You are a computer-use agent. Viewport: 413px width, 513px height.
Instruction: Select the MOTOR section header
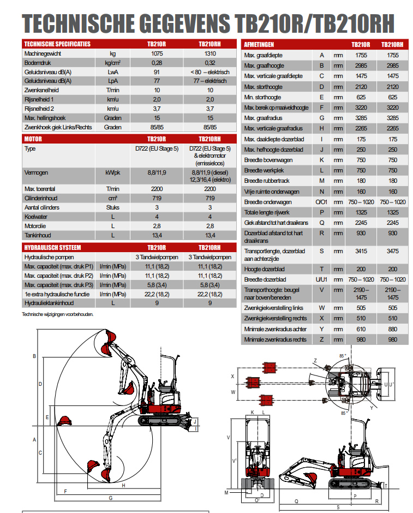(x=34, y=139)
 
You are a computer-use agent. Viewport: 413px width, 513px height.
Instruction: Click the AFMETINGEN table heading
(x=259, y=44)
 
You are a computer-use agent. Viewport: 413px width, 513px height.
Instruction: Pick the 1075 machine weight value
(x=157, y=53)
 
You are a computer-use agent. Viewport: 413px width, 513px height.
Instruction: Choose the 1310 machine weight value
(x=210, y=53)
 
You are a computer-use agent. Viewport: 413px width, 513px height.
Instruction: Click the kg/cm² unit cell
(x=113, y=63)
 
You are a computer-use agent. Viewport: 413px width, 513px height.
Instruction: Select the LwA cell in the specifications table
(x=113, y=72)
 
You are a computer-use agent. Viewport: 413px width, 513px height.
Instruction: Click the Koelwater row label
(x=36, y=217)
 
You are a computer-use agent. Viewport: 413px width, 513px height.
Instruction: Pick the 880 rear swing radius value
(x=392, y=329)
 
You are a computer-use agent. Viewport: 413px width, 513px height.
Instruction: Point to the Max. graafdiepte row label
(x=264, y=55)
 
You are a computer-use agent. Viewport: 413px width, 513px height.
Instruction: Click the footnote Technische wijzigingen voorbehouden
(x=57, y=314)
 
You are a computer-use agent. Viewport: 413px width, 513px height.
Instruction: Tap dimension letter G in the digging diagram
(x=111, y=498)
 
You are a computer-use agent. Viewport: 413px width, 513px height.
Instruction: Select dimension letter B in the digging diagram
(x=34, y=356)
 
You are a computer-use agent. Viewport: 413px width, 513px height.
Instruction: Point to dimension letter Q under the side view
(x=296, y=500)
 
